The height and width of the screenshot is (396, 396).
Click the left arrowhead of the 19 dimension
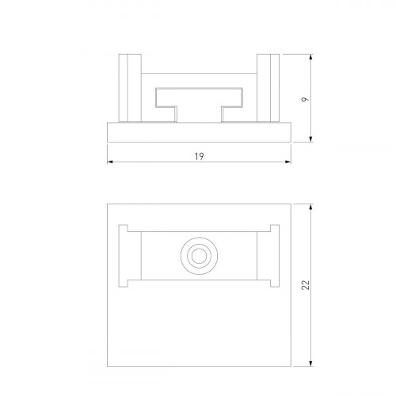[x=109, y=163]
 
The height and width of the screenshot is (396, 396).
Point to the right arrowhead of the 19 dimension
[x=288, y=163]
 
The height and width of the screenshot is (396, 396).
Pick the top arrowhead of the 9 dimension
[x=314, y=56]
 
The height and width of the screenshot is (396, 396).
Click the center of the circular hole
[x=197, y=256]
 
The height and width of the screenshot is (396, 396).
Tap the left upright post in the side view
[x=130, y=87]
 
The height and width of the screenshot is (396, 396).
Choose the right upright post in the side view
[x=267, y=87]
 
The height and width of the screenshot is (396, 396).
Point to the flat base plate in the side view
[x=198, y=132]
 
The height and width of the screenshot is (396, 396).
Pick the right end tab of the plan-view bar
[x=272, y=256]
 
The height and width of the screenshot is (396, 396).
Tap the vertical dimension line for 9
[x=314, y=119]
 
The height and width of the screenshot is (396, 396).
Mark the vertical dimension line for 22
[x=314, y=317]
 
